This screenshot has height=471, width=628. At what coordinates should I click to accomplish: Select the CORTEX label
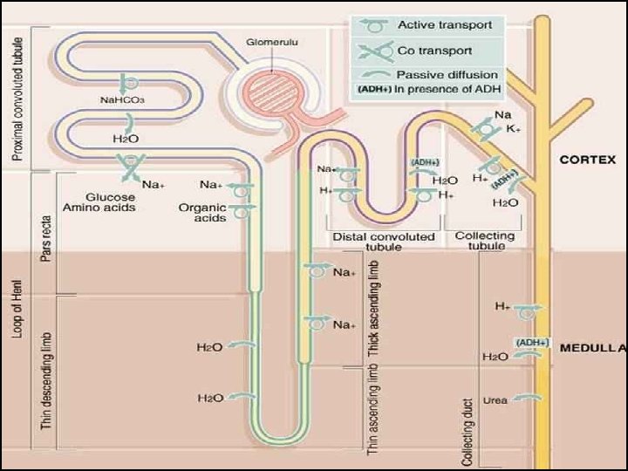tap(587, 160)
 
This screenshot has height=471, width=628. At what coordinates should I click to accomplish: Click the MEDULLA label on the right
tap(592, 347)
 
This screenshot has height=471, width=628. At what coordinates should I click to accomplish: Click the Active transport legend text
tap(444, 25)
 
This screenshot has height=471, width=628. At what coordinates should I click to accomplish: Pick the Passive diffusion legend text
tap(447, 75)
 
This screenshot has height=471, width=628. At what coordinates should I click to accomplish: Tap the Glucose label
tap(109, 196)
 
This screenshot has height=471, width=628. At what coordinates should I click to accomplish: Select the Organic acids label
tap(202, 213)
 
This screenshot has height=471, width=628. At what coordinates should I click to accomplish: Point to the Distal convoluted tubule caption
tap(384, 242)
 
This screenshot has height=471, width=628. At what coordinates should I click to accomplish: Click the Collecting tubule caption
tap(485, 242)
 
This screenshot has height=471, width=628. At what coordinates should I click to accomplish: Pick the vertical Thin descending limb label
tap(45, 381)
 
